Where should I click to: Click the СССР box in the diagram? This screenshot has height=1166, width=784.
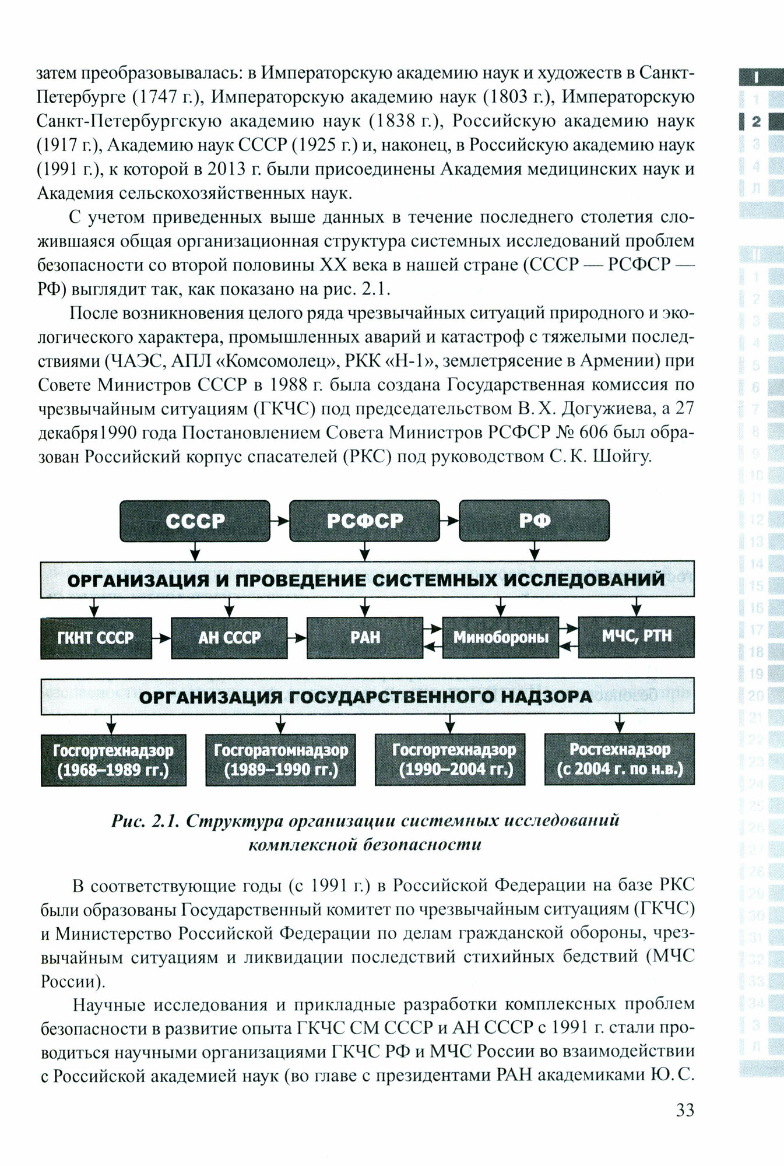pyautogui.click(x=195, y=521)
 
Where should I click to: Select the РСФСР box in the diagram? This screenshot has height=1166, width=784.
pyautogui.click(x=364, y=521)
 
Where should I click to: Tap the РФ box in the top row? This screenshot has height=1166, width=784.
pyautogui.click(x=534, y=521)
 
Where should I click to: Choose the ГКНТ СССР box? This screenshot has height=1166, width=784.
pyautogui.click(x=96, y=638)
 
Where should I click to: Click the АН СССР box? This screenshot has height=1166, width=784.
pyautogui.click(x=229, y=638)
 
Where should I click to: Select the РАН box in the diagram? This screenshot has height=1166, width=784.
pyautogui.click(x=365, y=638)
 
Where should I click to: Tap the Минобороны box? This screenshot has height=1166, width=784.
pyautogui.click(x=501, y=637)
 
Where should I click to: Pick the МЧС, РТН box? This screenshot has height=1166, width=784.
pyautogui.click(x=636, y=637)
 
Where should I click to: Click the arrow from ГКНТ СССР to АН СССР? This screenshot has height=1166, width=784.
pyautogui.click(x=161, y=638)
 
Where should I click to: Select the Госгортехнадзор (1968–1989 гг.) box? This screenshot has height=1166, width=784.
pyautogui.click(x=114, y=760)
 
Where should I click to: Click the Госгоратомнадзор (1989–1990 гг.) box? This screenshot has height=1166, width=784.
pyautogui.click(x=281, y=760)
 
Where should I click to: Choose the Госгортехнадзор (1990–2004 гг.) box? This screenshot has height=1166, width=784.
pyautogui.click(x=451, y=759)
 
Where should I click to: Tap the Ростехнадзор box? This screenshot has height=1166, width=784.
pyautogui.click(x=620, y=759)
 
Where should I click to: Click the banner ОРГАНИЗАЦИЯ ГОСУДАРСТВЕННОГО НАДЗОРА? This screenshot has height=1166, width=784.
pyautogui.click(x=367, y=697)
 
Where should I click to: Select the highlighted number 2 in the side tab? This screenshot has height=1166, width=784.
pyautogui.click(x=756, y=122)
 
